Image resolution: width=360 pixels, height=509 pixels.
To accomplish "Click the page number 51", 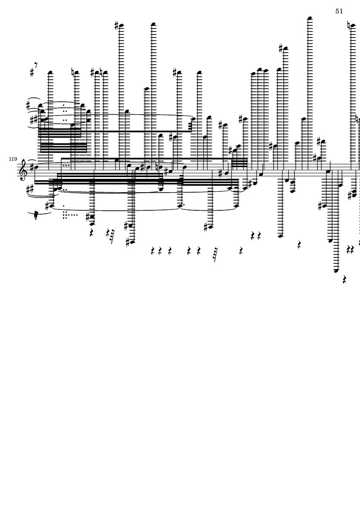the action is pyautogui.click(x=339, y=11).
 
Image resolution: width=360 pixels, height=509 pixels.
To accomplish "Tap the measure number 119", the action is pyautogui.click(x=13, y=159).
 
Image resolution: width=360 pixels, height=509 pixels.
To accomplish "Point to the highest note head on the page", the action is pyautogui.click(x=310, y=18).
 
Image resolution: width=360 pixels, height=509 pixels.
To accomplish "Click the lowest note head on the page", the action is pyautogui.click(x=336, y=271).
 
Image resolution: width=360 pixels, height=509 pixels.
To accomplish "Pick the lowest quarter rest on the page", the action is pyautogui.click(x=344, y=279).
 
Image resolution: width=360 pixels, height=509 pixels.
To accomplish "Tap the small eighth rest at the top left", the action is pyautogui.click(x=36, y=65).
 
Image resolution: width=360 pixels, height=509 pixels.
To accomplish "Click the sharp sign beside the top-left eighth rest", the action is pyautogui.click(x=32, y=72).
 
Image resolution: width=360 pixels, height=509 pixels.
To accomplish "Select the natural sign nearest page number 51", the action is pyautogui.click(x=349, y=25).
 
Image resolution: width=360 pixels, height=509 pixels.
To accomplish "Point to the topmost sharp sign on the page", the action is pyautogui.click(x=117, y=25).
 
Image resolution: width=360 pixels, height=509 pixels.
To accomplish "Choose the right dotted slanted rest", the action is pyautogui.click(x=215, y=255).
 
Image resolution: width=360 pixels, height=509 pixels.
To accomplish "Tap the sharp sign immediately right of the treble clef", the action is pyautogui.click(x=31, y=168).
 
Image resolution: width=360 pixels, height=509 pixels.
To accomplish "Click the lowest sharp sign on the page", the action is pyautogui.click(x=128, y=242).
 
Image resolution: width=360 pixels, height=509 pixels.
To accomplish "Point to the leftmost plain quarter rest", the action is pyautogui.click(x=91, y=233).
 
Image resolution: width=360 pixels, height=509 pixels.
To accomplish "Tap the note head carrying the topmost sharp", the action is pyautogui.click(x=122, y=25).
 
